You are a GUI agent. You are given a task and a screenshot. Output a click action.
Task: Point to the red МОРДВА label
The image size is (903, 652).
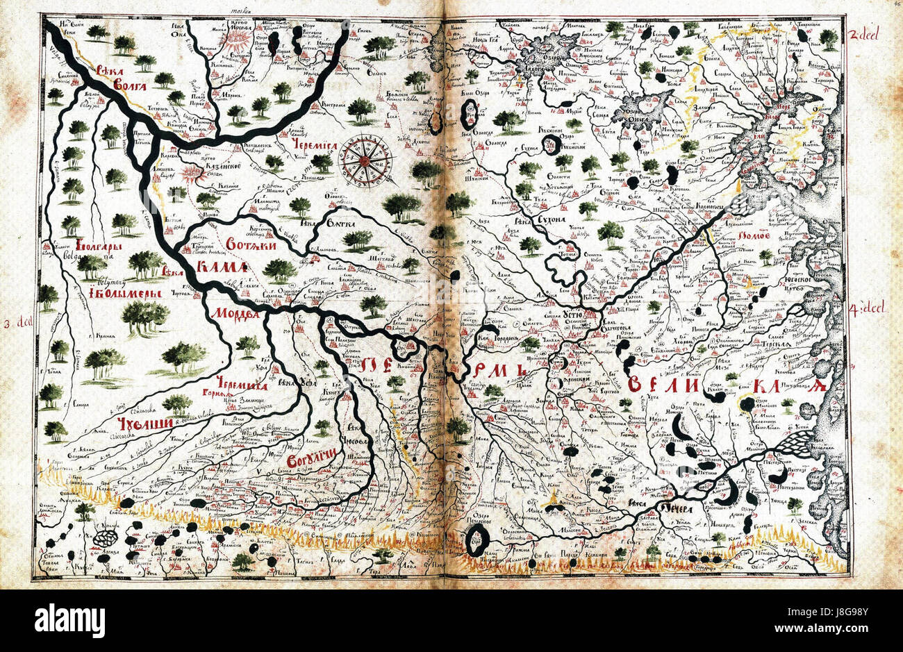pos(234,312)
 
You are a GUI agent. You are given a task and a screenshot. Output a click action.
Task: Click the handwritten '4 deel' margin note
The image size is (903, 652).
pos(868,308)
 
